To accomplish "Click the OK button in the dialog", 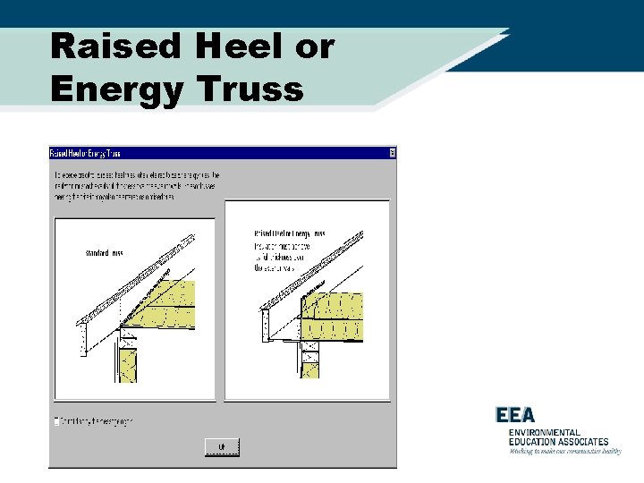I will click(x=222, y=446).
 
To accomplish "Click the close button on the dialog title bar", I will click(x=392, y=153).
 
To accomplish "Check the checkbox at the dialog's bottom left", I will click(x=58, y=420).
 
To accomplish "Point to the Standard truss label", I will click(x=104, y=254).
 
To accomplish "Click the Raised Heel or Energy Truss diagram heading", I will click(x=289, y=233).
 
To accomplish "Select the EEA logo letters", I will click(x=515, y=415).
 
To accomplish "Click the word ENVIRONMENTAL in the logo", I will click(x=545, y=432).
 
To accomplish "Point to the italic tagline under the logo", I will click(x=564, y=451).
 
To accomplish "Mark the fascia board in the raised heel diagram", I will click(x=265, y=326).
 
